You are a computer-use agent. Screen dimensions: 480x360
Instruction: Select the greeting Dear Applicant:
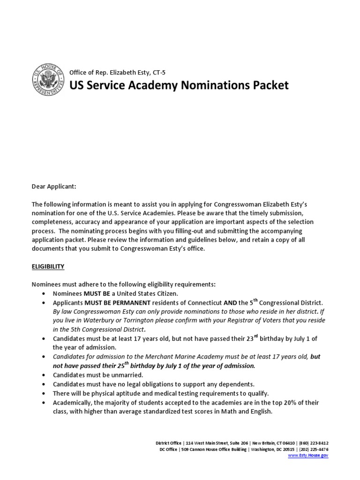(53, 187)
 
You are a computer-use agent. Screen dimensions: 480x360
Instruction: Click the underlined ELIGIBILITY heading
(48, 267)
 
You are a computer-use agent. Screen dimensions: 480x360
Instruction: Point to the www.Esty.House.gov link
(308, 455)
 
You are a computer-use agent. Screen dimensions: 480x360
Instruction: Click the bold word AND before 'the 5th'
(230, 303)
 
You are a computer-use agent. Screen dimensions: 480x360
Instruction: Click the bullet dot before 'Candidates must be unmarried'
(44, 375)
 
